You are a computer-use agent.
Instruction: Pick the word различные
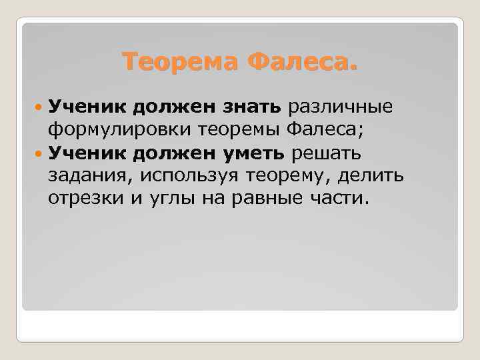click(x=340, y=107)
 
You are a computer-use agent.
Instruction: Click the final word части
click(x=343, y=199)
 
